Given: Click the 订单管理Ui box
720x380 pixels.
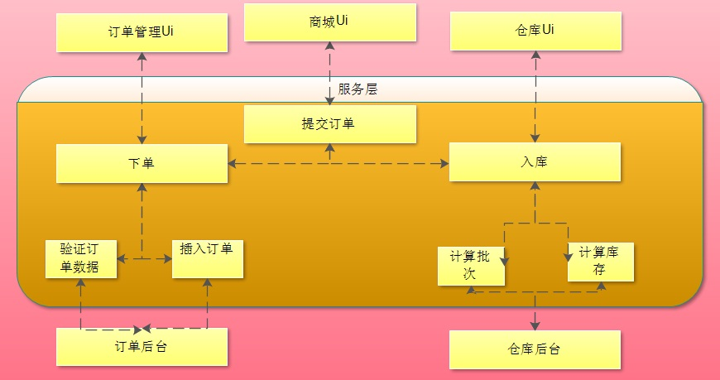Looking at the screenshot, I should tap(142, 31).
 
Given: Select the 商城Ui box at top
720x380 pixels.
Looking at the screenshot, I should tap(330, 22).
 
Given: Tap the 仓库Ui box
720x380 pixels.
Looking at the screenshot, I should tap(535, 31).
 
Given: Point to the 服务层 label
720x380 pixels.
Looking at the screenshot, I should tap(358, 89).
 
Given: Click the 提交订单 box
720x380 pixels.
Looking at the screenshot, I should tap(330, 123).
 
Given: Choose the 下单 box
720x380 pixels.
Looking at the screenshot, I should tap(142, 163).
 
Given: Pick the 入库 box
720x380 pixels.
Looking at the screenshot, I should tap(535, 161).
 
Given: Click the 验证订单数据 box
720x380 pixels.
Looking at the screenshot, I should tap(81, 258).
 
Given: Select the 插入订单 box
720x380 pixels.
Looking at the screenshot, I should tap(207, 258).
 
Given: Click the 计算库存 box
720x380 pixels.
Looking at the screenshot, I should tap(601, 262).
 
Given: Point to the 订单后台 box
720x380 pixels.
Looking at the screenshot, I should tap(142, 347).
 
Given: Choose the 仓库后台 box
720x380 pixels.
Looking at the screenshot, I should tap(535, 349).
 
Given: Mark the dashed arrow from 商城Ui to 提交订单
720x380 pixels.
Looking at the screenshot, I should tap(330, 75).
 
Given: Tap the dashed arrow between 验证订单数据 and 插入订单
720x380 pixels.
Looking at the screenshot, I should tap(144, 259).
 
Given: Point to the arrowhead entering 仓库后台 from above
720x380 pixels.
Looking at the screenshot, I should tap(535, 325).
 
